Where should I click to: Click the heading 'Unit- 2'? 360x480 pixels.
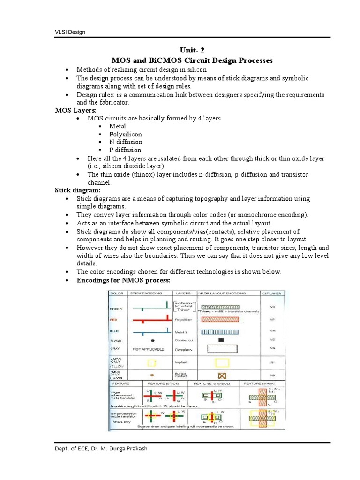coord(191,51)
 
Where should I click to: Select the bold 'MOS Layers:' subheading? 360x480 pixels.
coord(75,110)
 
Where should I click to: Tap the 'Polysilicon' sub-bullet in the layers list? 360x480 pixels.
coord(126,134)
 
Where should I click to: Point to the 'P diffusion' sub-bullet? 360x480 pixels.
coord(125,150)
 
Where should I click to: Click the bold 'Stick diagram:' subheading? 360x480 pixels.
coord(78,190)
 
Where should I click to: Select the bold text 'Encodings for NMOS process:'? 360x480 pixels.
coord(124,280)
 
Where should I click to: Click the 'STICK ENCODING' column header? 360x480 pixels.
coord(146,293)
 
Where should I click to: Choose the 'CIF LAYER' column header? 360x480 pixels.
coord(272,293)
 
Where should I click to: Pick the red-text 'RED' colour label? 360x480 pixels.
coord(113,320)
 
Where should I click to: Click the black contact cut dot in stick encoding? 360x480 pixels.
coord(153,340)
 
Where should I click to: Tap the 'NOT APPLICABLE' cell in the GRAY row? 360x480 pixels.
coord(150,349)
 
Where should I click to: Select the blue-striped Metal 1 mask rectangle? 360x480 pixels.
coord(219,331)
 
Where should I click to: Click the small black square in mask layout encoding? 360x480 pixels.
coord(221,340)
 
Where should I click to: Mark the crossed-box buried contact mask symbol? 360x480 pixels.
coord(221,376)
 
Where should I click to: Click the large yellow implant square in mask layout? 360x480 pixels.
coord(221,362)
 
